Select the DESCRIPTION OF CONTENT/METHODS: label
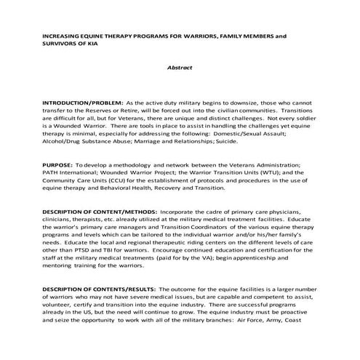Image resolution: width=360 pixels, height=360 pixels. click(x=97, y=211)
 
